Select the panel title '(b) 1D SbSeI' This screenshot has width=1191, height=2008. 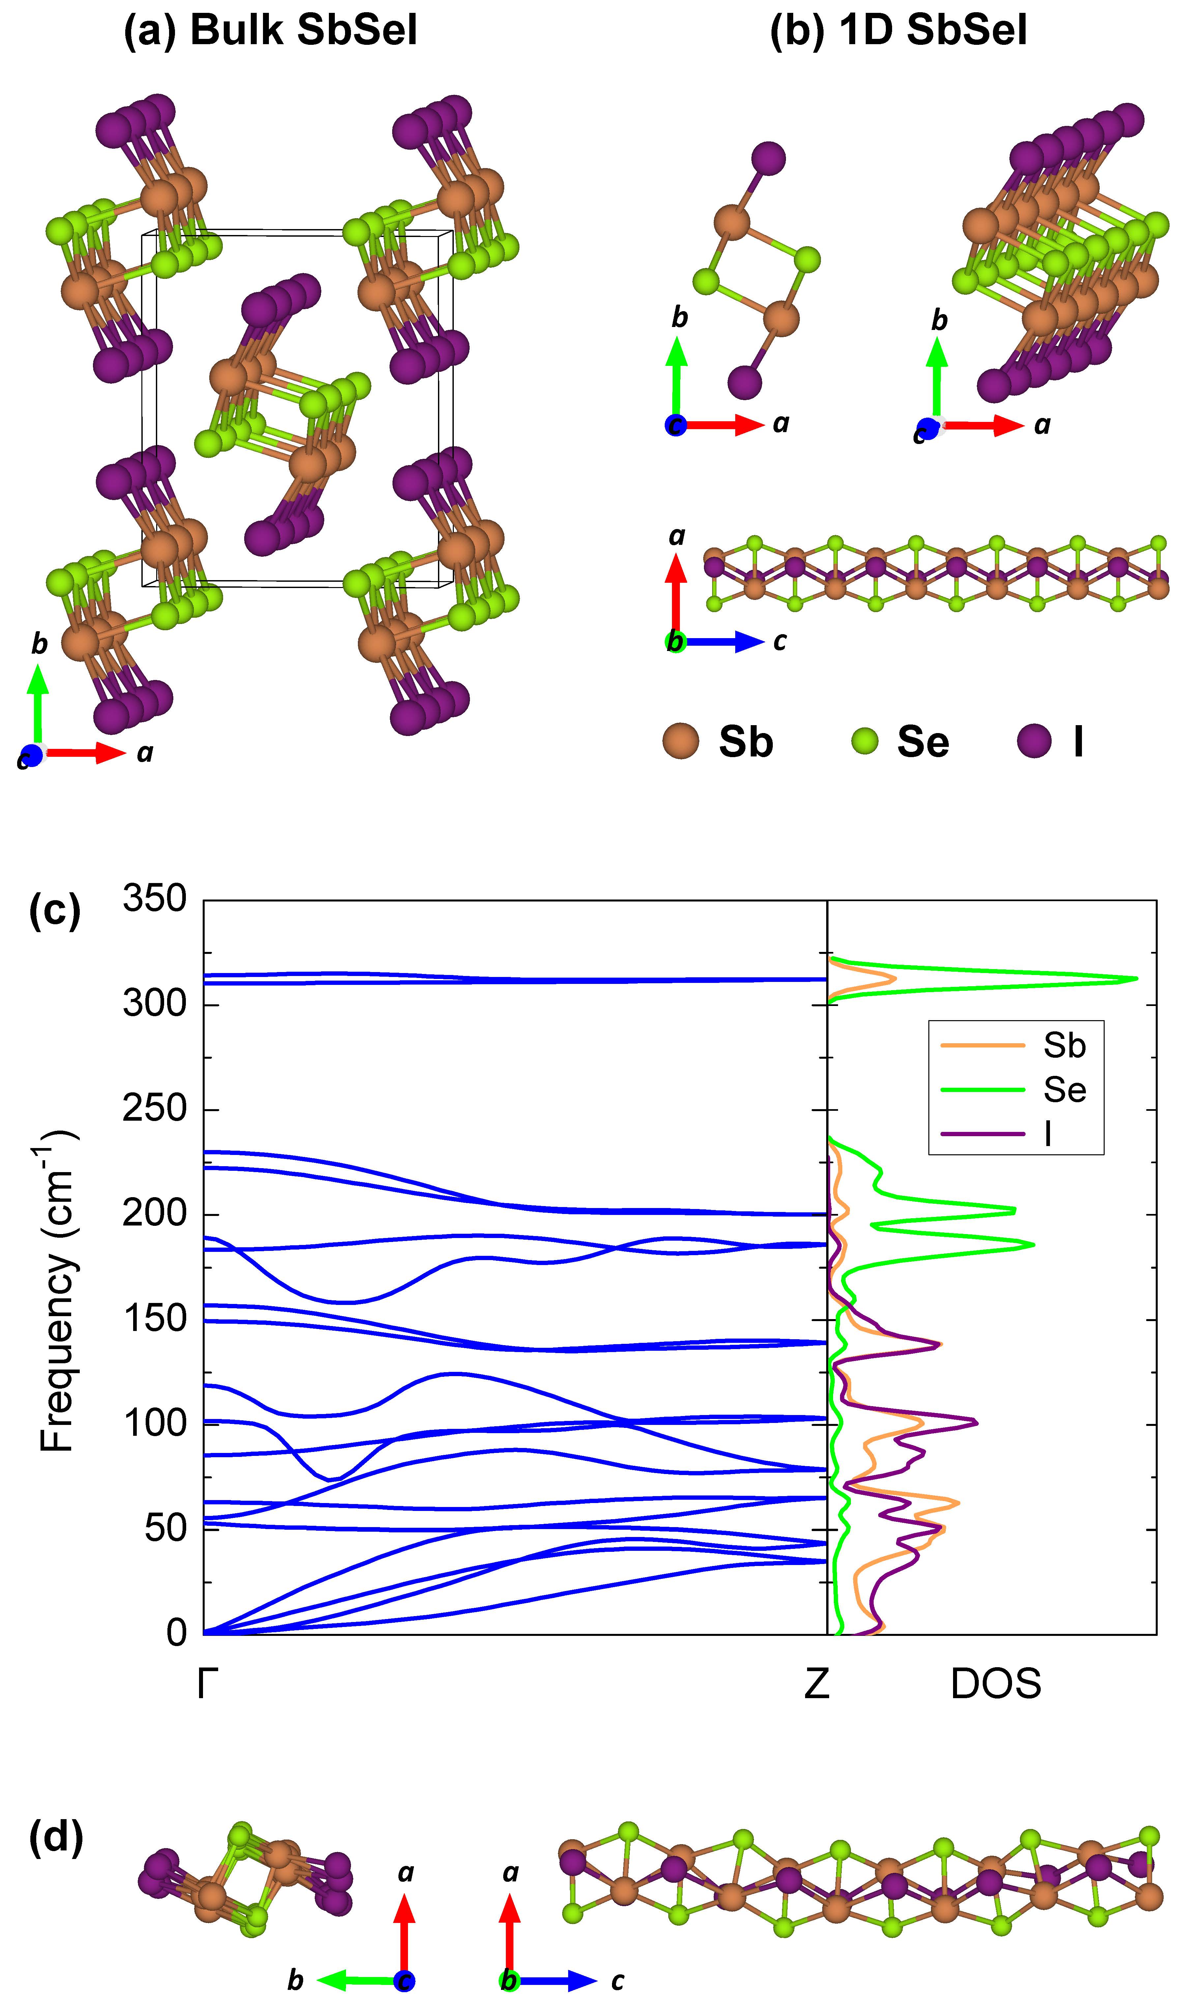coord(898,31)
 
